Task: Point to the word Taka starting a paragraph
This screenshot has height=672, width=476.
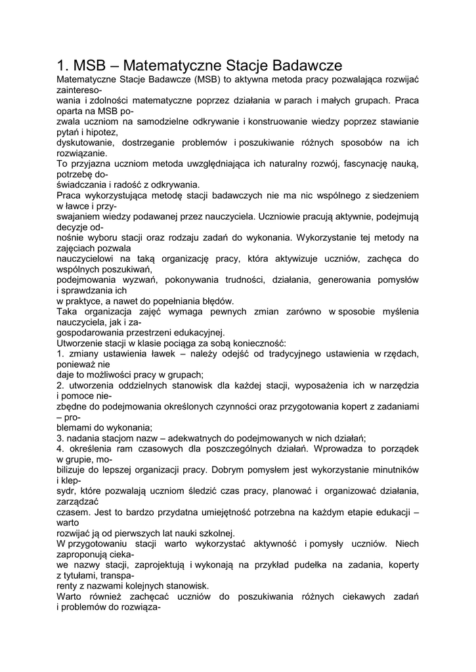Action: pyautogui.click(x=68, y=311)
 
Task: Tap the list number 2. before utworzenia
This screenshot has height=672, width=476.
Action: pyautogui.click(x=60, y=385)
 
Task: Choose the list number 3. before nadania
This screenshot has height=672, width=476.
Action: pyautogui.click(x=60, y=438)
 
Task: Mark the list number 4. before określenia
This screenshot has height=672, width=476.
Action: pyautogui.click(x=60, y=448)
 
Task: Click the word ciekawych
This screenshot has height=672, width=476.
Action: pyautogui.click(x=360, y=596)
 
